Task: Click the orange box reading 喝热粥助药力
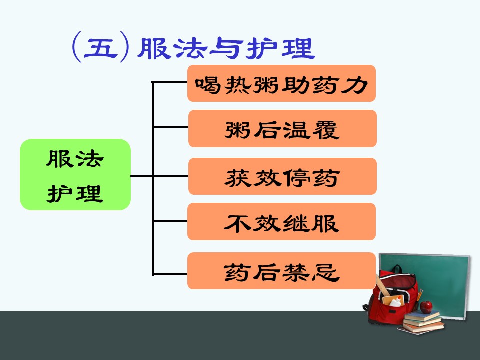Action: [281, 83]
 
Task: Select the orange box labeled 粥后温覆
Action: [282, 128]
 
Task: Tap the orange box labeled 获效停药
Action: [282, 176]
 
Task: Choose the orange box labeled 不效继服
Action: [281, 221]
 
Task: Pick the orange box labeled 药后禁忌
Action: [281, 271]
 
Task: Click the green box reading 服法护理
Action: [75, 175]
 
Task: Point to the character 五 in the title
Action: [100, 48]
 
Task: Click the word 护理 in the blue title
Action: [280, 48]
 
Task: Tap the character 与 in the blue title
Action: [226, 48]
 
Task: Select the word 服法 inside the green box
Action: [75, 159]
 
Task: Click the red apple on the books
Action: [426, 307]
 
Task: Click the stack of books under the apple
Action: [422, 322]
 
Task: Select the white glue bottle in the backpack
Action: [396, 302]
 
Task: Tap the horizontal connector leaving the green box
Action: [141, 176]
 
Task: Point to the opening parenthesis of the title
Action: [76, 47]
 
